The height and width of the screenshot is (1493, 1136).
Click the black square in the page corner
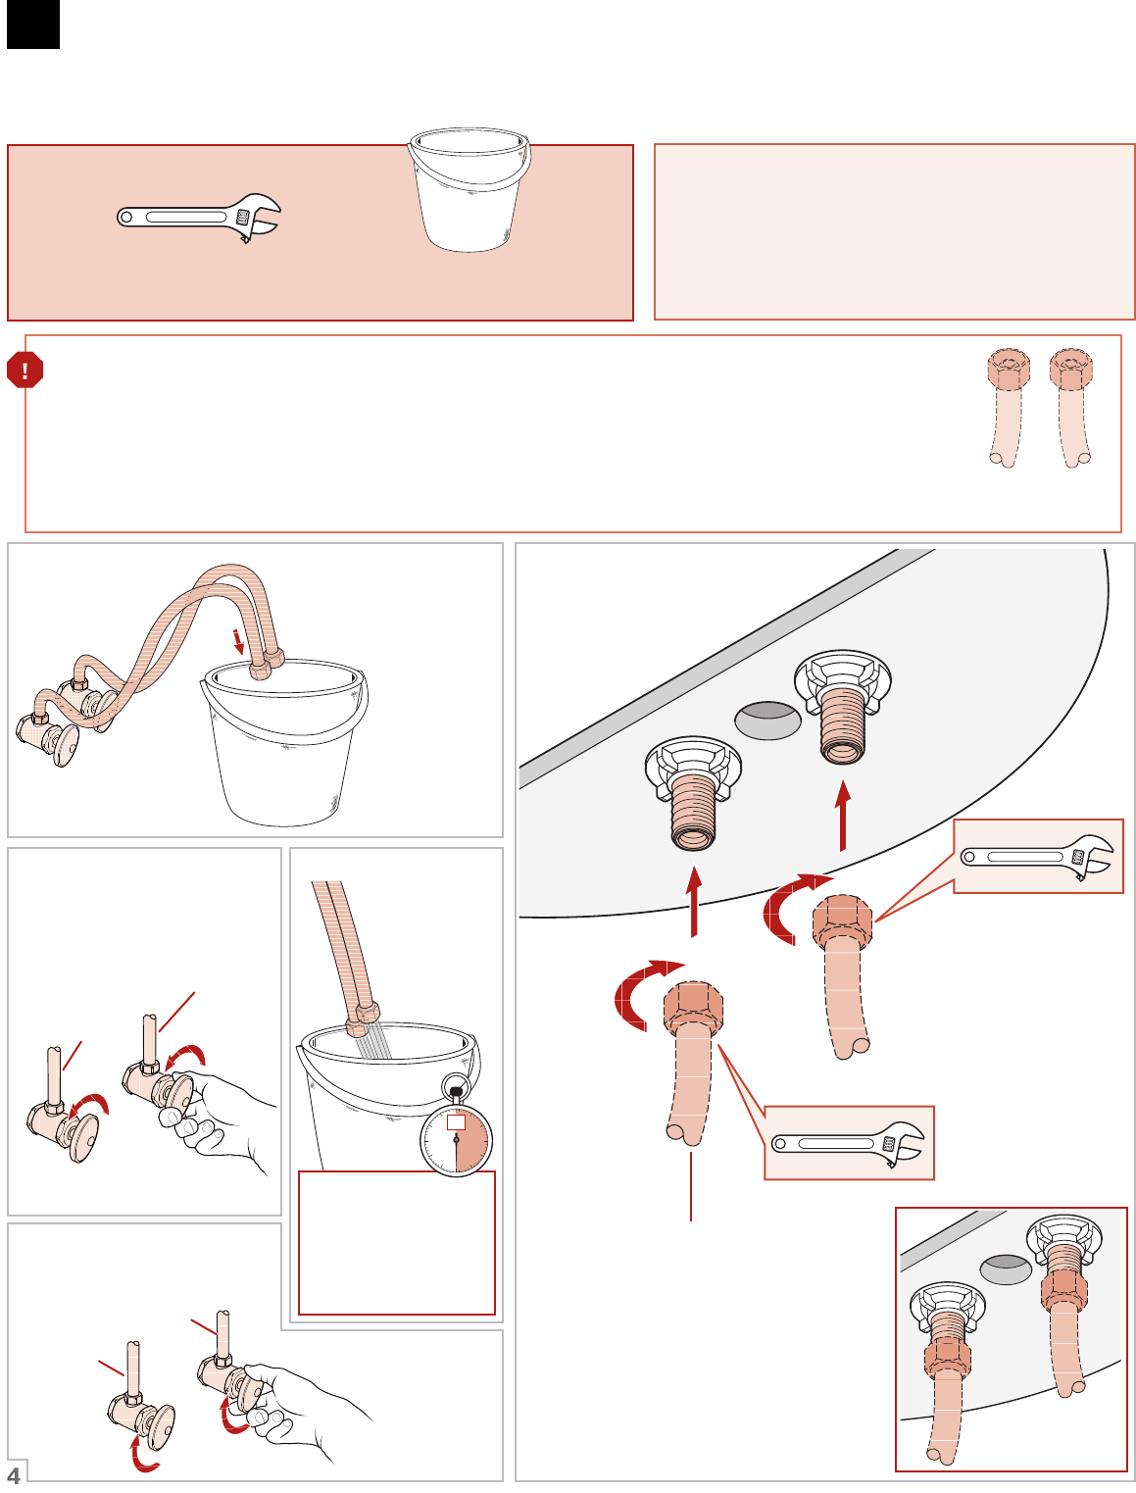32,24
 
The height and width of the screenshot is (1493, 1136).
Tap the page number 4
14,1475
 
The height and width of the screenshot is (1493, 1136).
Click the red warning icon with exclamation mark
25,370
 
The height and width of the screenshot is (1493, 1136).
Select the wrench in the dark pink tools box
199,218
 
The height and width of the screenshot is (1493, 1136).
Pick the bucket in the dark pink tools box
469,189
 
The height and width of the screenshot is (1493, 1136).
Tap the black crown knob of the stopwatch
456,1092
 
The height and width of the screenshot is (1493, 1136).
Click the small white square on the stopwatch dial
456,1121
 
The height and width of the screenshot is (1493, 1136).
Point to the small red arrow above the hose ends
238,641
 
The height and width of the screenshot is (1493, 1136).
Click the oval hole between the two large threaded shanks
767,721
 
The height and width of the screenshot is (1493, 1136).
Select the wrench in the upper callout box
1037,857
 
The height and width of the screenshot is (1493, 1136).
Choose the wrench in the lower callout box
848,1143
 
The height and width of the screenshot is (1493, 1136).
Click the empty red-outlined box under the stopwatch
397,1243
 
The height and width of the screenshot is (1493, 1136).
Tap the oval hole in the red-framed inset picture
1006,1269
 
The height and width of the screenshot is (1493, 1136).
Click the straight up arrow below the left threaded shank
693,901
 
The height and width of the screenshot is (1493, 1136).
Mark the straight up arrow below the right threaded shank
843,816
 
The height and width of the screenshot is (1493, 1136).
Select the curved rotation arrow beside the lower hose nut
639,993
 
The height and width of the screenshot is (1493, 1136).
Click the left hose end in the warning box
1008,408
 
